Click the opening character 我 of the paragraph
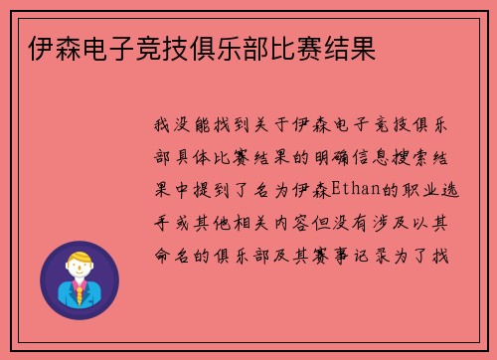tap(162, 125)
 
